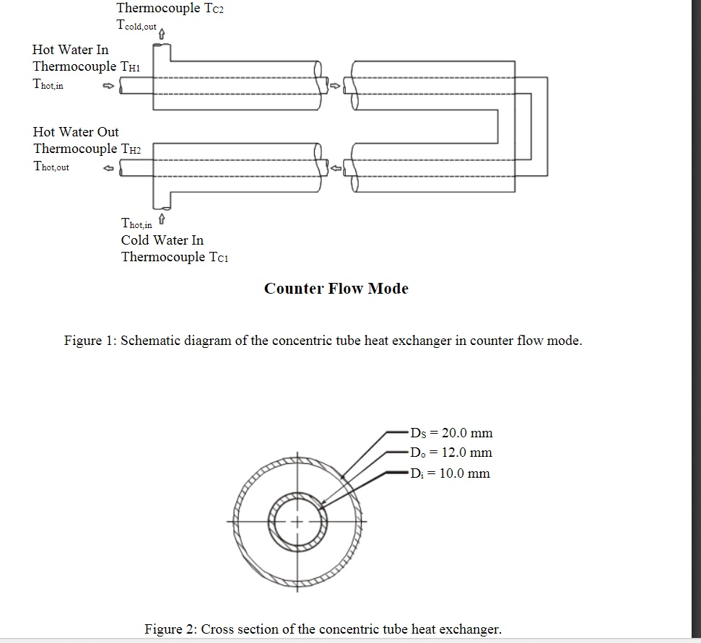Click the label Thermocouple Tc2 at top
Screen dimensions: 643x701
pyautogui.click(x=170, y=9)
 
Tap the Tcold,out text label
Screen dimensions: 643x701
pyautogui.click(x=136, y=25)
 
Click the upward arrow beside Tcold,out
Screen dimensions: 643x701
pyautogui.click(x=162, y=33)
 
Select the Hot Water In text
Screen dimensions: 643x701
pyautogui.click(x=71, y=50)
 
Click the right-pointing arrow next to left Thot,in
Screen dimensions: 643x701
pyautogui.click(x=108, y=86)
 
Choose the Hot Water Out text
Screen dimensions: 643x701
pyautogui.click(x=76, y=132)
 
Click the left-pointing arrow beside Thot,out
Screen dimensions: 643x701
pyautogui.click(x=108, y=168)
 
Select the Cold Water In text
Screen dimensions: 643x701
pyautogui.click(x=162, y=240)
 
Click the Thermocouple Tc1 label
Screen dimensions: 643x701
pyautogui.click(x=175, y=258)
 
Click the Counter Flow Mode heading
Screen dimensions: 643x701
pyautogui.click(x=336, y=289)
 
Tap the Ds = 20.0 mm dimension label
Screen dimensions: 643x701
pyautogui.click(x=451, y=433)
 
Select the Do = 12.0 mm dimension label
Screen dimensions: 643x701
pyautogui.click(x=450, y=452)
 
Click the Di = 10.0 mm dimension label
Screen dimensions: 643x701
pyautogui.click(x=450, y=473)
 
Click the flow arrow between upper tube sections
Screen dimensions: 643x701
pyautogui.click(x=334, y=86)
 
